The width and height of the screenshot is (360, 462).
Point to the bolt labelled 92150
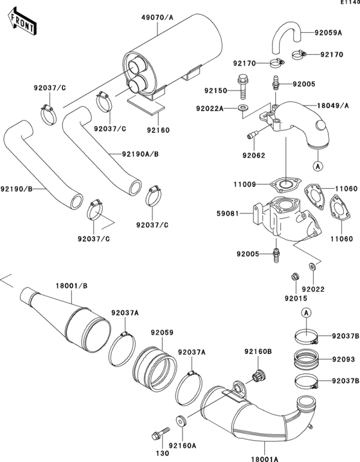244,84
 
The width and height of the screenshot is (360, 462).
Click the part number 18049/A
332,105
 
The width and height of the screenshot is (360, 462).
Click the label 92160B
258,351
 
